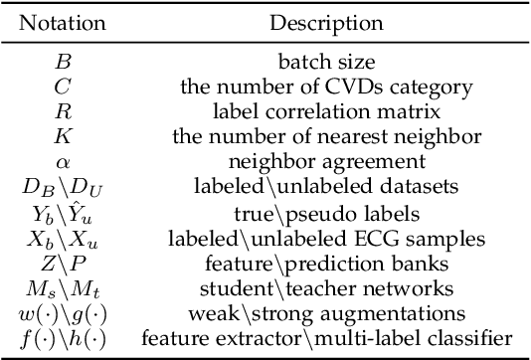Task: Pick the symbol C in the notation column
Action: (x=62, y=88)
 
